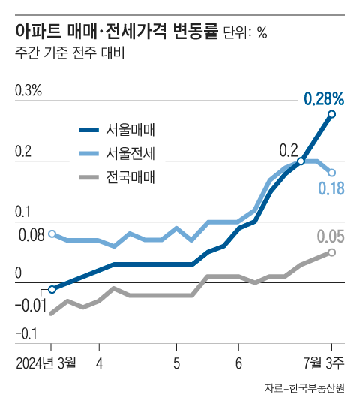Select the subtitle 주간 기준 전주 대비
click(70, 54)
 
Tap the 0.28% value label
click(324, 98)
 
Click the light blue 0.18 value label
click(331, 188)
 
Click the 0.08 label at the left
click(31, 236)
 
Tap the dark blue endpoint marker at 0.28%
click(331, 114)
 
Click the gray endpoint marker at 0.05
click(331, 252)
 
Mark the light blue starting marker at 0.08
click(52, 234)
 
